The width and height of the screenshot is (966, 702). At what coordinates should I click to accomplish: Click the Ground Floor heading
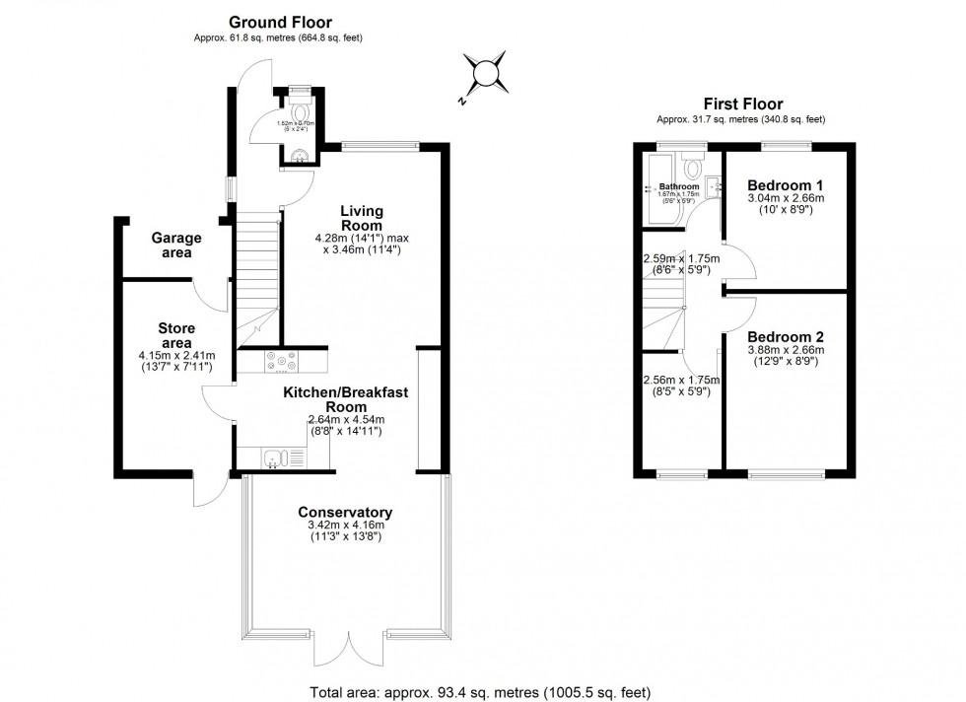(280, 22)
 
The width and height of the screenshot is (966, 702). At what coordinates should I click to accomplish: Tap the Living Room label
(362, 219)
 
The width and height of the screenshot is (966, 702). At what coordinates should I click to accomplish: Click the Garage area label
(176, 246)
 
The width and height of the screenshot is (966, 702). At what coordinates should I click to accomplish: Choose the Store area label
(176, 335)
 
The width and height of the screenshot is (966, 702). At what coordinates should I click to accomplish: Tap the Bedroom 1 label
(785, 185)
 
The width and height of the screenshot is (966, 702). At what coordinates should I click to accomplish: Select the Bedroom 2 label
(785, 335)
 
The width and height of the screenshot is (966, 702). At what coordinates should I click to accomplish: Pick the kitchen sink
(282, 456)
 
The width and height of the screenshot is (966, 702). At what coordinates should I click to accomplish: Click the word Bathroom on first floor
(679, 186)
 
